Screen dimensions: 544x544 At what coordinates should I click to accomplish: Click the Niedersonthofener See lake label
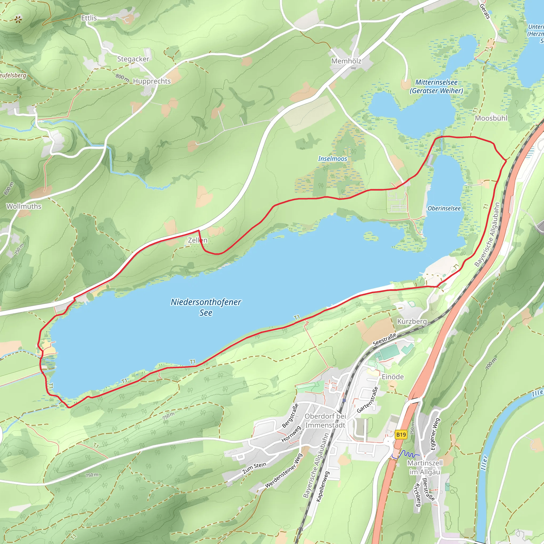point(206,307)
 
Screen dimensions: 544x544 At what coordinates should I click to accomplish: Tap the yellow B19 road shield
point(401,435)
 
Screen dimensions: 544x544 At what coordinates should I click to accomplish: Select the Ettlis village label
point(89,18)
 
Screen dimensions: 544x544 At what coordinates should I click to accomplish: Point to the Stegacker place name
point(133,59)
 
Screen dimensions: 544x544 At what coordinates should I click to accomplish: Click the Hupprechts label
point(152,81)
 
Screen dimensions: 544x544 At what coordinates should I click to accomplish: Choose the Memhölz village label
point(346,61)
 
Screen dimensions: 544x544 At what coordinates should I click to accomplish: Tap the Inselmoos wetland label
point(333,159)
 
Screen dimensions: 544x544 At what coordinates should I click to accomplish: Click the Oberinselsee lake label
point(444,208)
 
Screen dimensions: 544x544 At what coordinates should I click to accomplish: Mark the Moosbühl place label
point(491,118)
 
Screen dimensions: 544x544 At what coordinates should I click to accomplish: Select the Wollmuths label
point(24,206)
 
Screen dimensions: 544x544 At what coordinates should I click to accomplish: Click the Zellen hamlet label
point(198,240)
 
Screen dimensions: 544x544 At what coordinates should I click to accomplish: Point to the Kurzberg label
point(412,322)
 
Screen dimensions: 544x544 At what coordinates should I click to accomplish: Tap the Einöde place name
point(393,377)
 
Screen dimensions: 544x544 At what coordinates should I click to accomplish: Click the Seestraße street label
point(384,339)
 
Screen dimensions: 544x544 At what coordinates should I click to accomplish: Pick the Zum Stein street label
point(254,468)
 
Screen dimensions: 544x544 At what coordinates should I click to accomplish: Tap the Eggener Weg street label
point(435,434)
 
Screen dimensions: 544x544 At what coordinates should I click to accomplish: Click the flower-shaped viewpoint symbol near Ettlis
point(18,19)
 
